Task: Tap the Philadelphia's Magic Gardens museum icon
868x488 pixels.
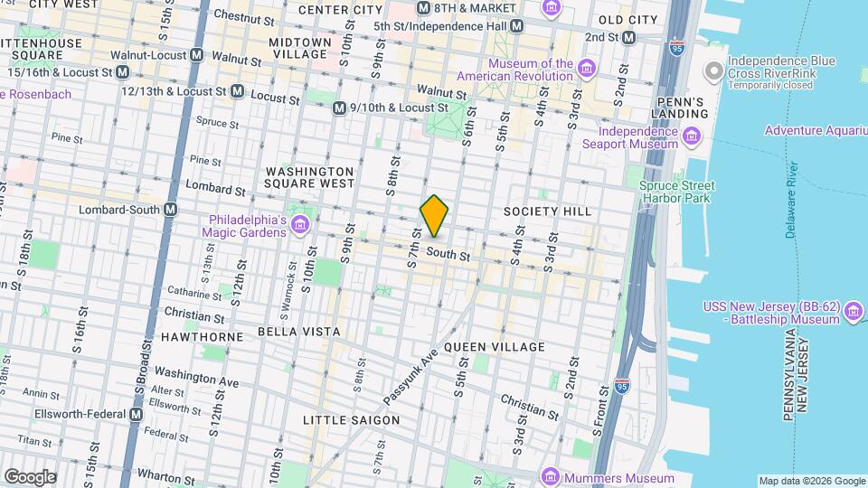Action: click(302, 223)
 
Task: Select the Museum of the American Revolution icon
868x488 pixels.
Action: click(587, 69)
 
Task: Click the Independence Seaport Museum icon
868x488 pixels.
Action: click(692, 136)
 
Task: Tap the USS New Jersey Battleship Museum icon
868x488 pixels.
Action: click(852, 313)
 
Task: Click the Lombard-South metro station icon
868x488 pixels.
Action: click(171, 210)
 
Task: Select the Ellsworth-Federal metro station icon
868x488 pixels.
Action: click(136, 414)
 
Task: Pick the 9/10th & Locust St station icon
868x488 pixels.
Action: click(338, 108)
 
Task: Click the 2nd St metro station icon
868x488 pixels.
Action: click(629, 37)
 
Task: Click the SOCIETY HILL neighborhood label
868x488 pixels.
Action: click(547, 211)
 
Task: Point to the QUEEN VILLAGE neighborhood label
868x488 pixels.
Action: click(495, 347)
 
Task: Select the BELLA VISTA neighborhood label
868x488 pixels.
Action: click(288, 333)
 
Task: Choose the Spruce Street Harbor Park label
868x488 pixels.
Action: click(676, 192)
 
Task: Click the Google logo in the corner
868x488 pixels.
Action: click(30, 476)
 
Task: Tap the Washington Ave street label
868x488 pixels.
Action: click(196, 376)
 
